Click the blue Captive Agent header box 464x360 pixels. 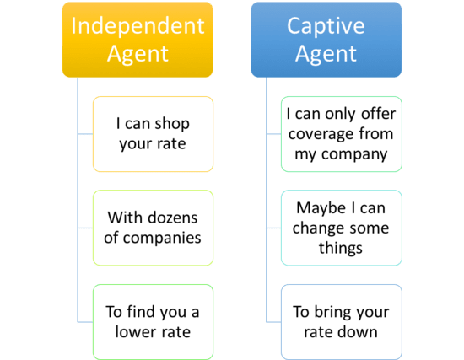(x=326, y=40)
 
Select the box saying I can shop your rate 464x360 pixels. (x=152, y=132)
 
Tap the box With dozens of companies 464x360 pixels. (x=152, y=227)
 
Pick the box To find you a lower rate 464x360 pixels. (x=152, y=321)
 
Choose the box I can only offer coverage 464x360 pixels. (x=341, y=132)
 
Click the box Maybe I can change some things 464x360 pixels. (x=341, y=227)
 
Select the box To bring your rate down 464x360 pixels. (x=341, y=321)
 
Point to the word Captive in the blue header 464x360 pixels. (x=326, y=24)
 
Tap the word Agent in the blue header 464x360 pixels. (x=326, y=55)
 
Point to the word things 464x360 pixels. (x=341, y=248)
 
